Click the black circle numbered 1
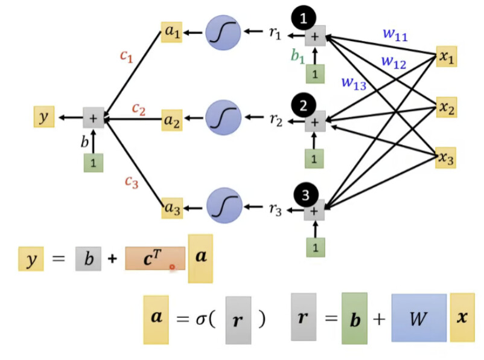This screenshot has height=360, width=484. pos(304,18)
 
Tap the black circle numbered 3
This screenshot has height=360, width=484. pos(305,195)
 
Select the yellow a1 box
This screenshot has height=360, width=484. pos(171,32)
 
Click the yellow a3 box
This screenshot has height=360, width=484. pos(172,208)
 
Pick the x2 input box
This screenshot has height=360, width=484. pos(447,108)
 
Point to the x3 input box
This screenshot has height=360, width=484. pos(446,158)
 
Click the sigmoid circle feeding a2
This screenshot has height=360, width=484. pos(223,117)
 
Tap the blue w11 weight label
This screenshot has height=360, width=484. pos(395,34)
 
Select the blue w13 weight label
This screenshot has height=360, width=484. pos(354,83)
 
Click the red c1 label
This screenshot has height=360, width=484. pos(127,56)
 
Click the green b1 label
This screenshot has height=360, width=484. pos(298,56)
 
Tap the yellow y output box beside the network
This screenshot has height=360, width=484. pos(44,117)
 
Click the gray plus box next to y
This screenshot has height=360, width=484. pos(94,118)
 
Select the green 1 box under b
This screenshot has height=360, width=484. pos(94,162)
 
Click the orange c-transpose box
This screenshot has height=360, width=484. pos(155,259)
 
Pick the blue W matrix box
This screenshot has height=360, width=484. pos(419,318)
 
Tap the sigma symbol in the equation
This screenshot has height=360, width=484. pos(201,319)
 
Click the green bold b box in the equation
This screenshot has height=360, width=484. pos(355,318)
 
